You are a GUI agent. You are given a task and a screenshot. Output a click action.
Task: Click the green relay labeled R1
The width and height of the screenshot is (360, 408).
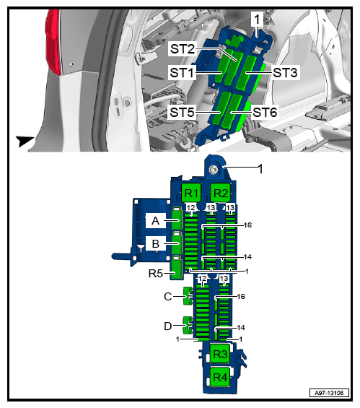point(191,193)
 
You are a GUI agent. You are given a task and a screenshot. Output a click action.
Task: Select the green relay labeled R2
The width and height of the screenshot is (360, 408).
point(221,193)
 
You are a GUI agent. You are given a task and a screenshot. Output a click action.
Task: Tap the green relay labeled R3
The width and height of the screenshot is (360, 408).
point(220,354)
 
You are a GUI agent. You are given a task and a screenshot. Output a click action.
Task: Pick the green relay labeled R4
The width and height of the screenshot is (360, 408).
point(220,377)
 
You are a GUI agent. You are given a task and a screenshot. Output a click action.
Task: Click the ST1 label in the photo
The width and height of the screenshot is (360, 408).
point(182,72)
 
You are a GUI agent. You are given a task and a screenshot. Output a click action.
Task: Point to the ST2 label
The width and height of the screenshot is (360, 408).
point(183,48)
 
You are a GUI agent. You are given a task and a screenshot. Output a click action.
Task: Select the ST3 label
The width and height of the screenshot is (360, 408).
point(285,72)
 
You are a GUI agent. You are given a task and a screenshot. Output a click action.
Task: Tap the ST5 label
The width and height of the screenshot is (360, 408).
point(182,113)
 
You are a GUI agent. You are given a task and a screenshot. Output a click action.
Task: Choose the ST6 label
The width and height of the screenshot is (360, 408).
point(265,113)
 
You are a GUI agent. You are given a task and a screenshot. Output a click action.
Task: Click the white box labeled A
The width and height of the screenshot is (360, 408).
point(155,220)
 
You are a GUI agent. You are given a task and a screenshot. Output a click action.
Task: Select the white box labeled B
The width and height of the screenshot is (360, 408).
point(155,243)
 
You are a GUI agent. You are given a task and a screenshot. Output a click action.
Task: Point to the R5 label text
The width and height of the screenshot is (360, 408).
point(155,274)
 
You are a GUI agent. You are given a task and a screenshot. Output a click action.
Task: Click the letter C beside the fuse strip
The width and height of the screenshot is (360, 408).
point(168,296)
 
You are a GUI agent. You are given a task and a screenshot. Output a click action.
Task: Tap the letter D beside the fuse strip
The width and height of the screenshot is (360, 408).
point(168,326)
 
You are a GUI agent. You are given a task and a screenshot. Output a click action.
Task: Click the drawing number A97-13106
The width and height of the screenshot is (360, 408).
point(329,393)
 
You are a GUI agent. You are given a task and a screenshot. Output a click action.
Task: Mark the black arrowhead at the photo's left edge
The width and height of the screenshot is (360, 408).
point(25,141)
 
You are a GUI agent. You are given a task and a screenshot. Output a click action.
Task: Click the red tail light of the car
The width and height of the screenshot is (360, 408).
point(53,42)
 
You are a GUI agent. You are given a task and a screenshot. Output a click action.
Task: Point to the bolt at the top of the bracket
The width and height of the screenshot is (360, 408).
point(214,170)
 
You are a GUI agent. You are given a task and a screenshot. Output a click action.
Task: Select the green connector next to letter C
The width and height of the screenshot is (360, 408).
point(188,296)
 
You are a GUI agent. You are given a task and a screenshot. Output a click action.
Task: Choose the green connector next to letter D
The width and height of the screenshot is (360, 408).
point(188,325)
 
